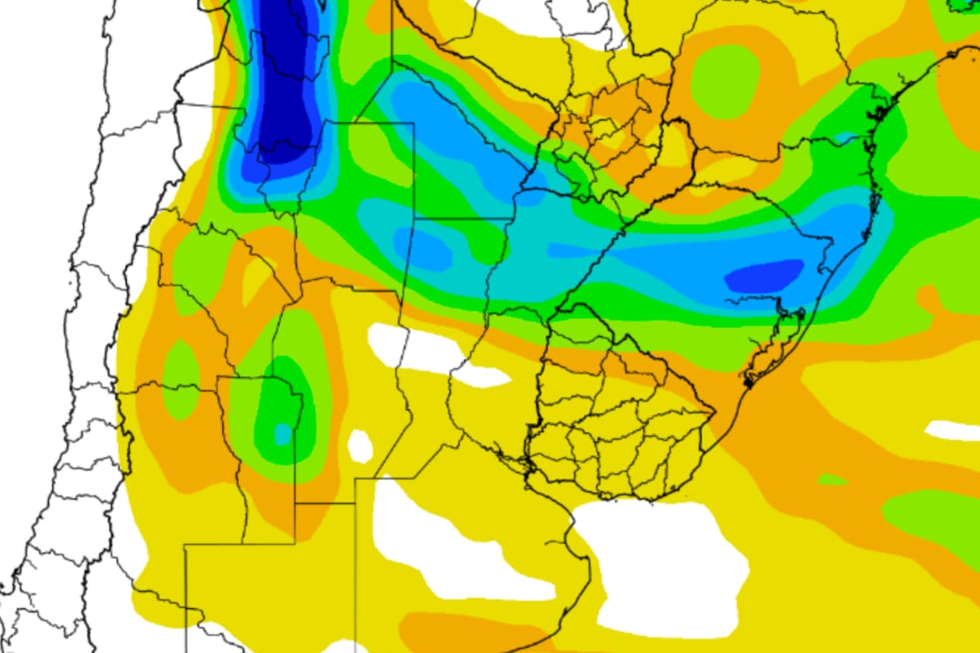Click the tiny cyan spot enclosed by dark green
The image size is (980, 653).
(x=283, y=433)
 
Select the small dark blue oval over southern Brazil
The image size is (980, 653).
(x=764, y=275)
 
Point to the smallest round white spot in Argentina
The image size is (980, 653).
(x=360, y=446)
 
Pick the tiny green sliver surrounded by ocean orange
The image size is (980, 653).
(x=831, y=480)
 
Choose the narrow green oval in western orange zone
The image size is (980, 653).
(x=181, y=375)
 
